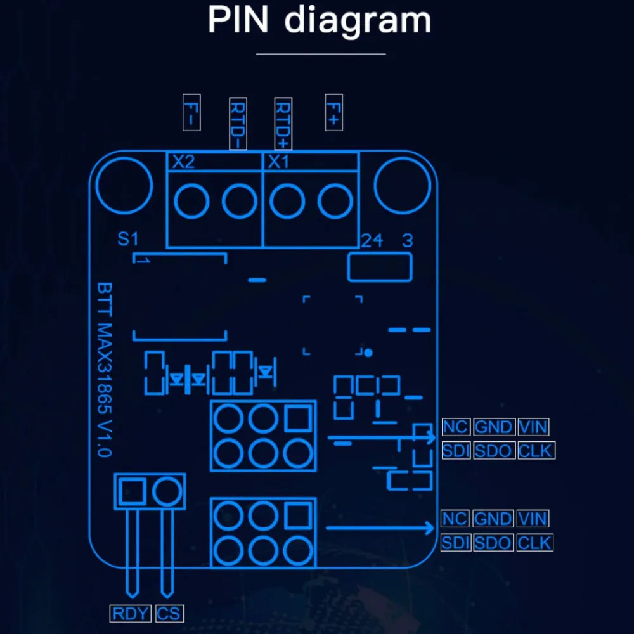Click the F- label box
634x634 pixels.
(x=191, y=112)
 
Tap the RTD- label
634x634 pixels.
(x=238, y=124)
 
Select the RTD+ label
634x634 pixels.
(x=283, y=124)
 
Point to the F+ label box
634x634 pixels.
(x=333, y=112)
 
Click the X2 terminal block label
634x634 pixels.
(x=184, y=162)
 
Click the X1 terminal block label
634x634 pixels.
(x=278, y=162)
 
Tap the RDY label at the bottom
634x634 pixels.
(x=130, y=613)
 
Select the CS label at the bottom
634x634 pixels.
(x=169, y=613)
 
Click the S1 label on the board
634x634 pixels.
(x=128, y=238)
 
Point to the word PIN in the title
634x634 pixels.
(x=238, y=20)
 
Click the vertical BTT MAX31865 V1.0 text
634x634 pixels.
(x=105, y=370)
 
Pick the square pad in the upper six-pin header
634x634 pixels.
(x=298, y=418)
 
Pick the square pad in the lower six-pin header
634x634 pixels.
(x=298, y=516)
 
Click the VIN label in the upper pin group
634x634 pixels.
(x=533, y=427)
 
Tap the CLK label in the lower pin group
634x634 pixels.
(x=534, y=543)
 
